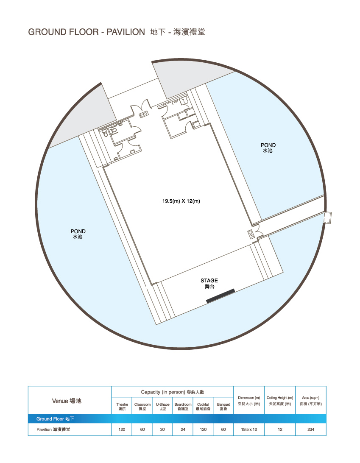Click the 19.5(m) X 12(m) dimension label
point(181,201)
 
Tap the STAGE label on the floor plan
point(209,281)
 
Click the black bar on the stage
point(220,296)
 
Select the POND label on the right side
point(268,145)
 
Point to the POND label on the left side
point(78,231)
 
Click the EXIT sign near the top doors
point(144,114)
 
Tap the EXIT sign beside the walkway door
point(251,234)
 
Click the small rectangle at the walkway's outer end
point(327,218)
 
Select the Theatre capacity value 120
point(122,430)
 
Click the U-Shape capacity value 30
point(162,430)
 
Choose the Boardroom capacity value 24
point(183,430)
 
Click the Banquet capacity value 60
point(223,430)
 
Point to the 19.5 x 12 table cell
point(249,430)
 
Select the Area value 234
point(311,430)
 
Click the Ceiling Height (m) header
point(280,398)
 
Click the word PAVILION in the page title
point(126,32)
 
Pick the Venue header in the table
point(60,401)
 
